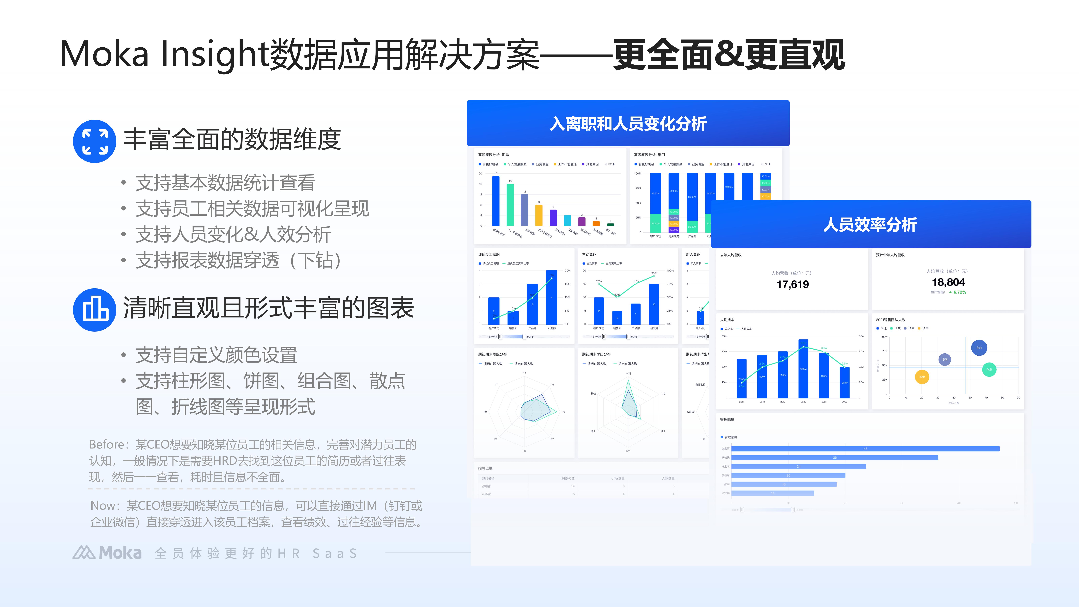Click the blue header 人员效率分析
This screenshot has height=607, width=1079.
click(x=870, y=225)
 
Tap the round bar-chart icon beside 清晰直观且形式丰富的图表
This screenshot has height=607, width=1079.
click(x=95, y=310)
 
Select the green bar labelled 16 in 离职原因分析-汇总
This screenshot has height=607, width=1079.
click(x=510, y=204)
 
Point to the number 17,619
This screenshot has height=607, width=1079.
click(x=793, y=284)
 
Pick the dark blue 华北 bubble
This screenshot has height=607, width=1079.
click(x=979, y=348)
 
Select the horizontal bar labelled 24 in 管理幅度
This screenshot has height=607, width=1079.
click(x=798, y=466)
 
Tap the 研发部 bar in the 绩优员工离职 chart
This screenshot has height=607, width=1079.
click(x=552, y=297)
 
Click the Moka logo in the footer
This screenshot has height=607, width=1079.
click(x=107, y=553)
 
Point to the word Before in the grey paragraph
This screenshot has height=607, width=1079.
click(x=106, y=444)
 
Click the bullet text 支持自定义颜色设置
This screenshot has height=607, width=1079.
click(x=216, y=355)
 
